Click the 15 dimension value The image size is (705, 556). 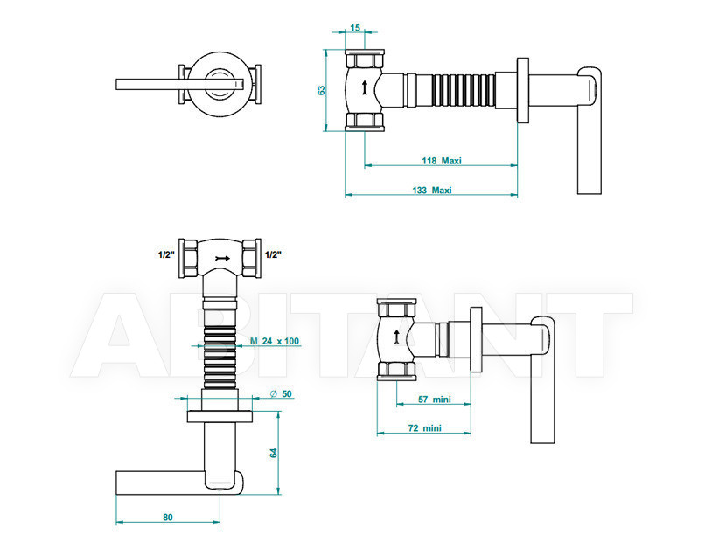coord(355,28)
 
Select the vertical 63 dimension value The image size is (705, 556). coord(321,90)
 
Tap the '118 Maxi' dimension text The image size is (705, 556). coord(442,161)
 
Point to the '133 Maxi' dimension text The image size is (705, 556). coord(431,190)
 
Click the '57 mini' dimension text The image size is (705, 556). coord(435,400)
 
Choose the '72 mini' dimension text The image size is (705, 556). coord(424,427)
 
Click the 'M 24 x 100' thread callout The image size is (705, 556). coord(275,341)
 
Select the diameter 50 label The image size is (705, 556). coord(281,393)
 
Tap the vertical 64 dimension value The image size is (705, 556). coord(274,453)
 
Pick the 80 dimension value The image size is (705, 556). coord(168,518)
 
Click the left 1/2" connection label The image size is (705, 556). coord(166,255)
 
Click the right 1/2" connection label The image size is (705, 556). coord(273,255)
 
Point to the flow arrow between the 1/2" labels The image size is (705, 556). coord(222,259)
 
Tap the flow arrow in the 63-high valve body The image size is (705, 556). coord(364,88)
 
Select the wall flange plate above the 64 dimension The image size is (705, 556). coord(220,417)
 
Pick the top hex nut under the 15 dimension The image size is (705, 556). coord(365,59)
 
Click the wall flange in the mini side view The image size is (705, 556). coord(477,340)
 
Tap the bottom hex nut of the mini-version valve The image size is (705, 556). coord(397,371)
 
